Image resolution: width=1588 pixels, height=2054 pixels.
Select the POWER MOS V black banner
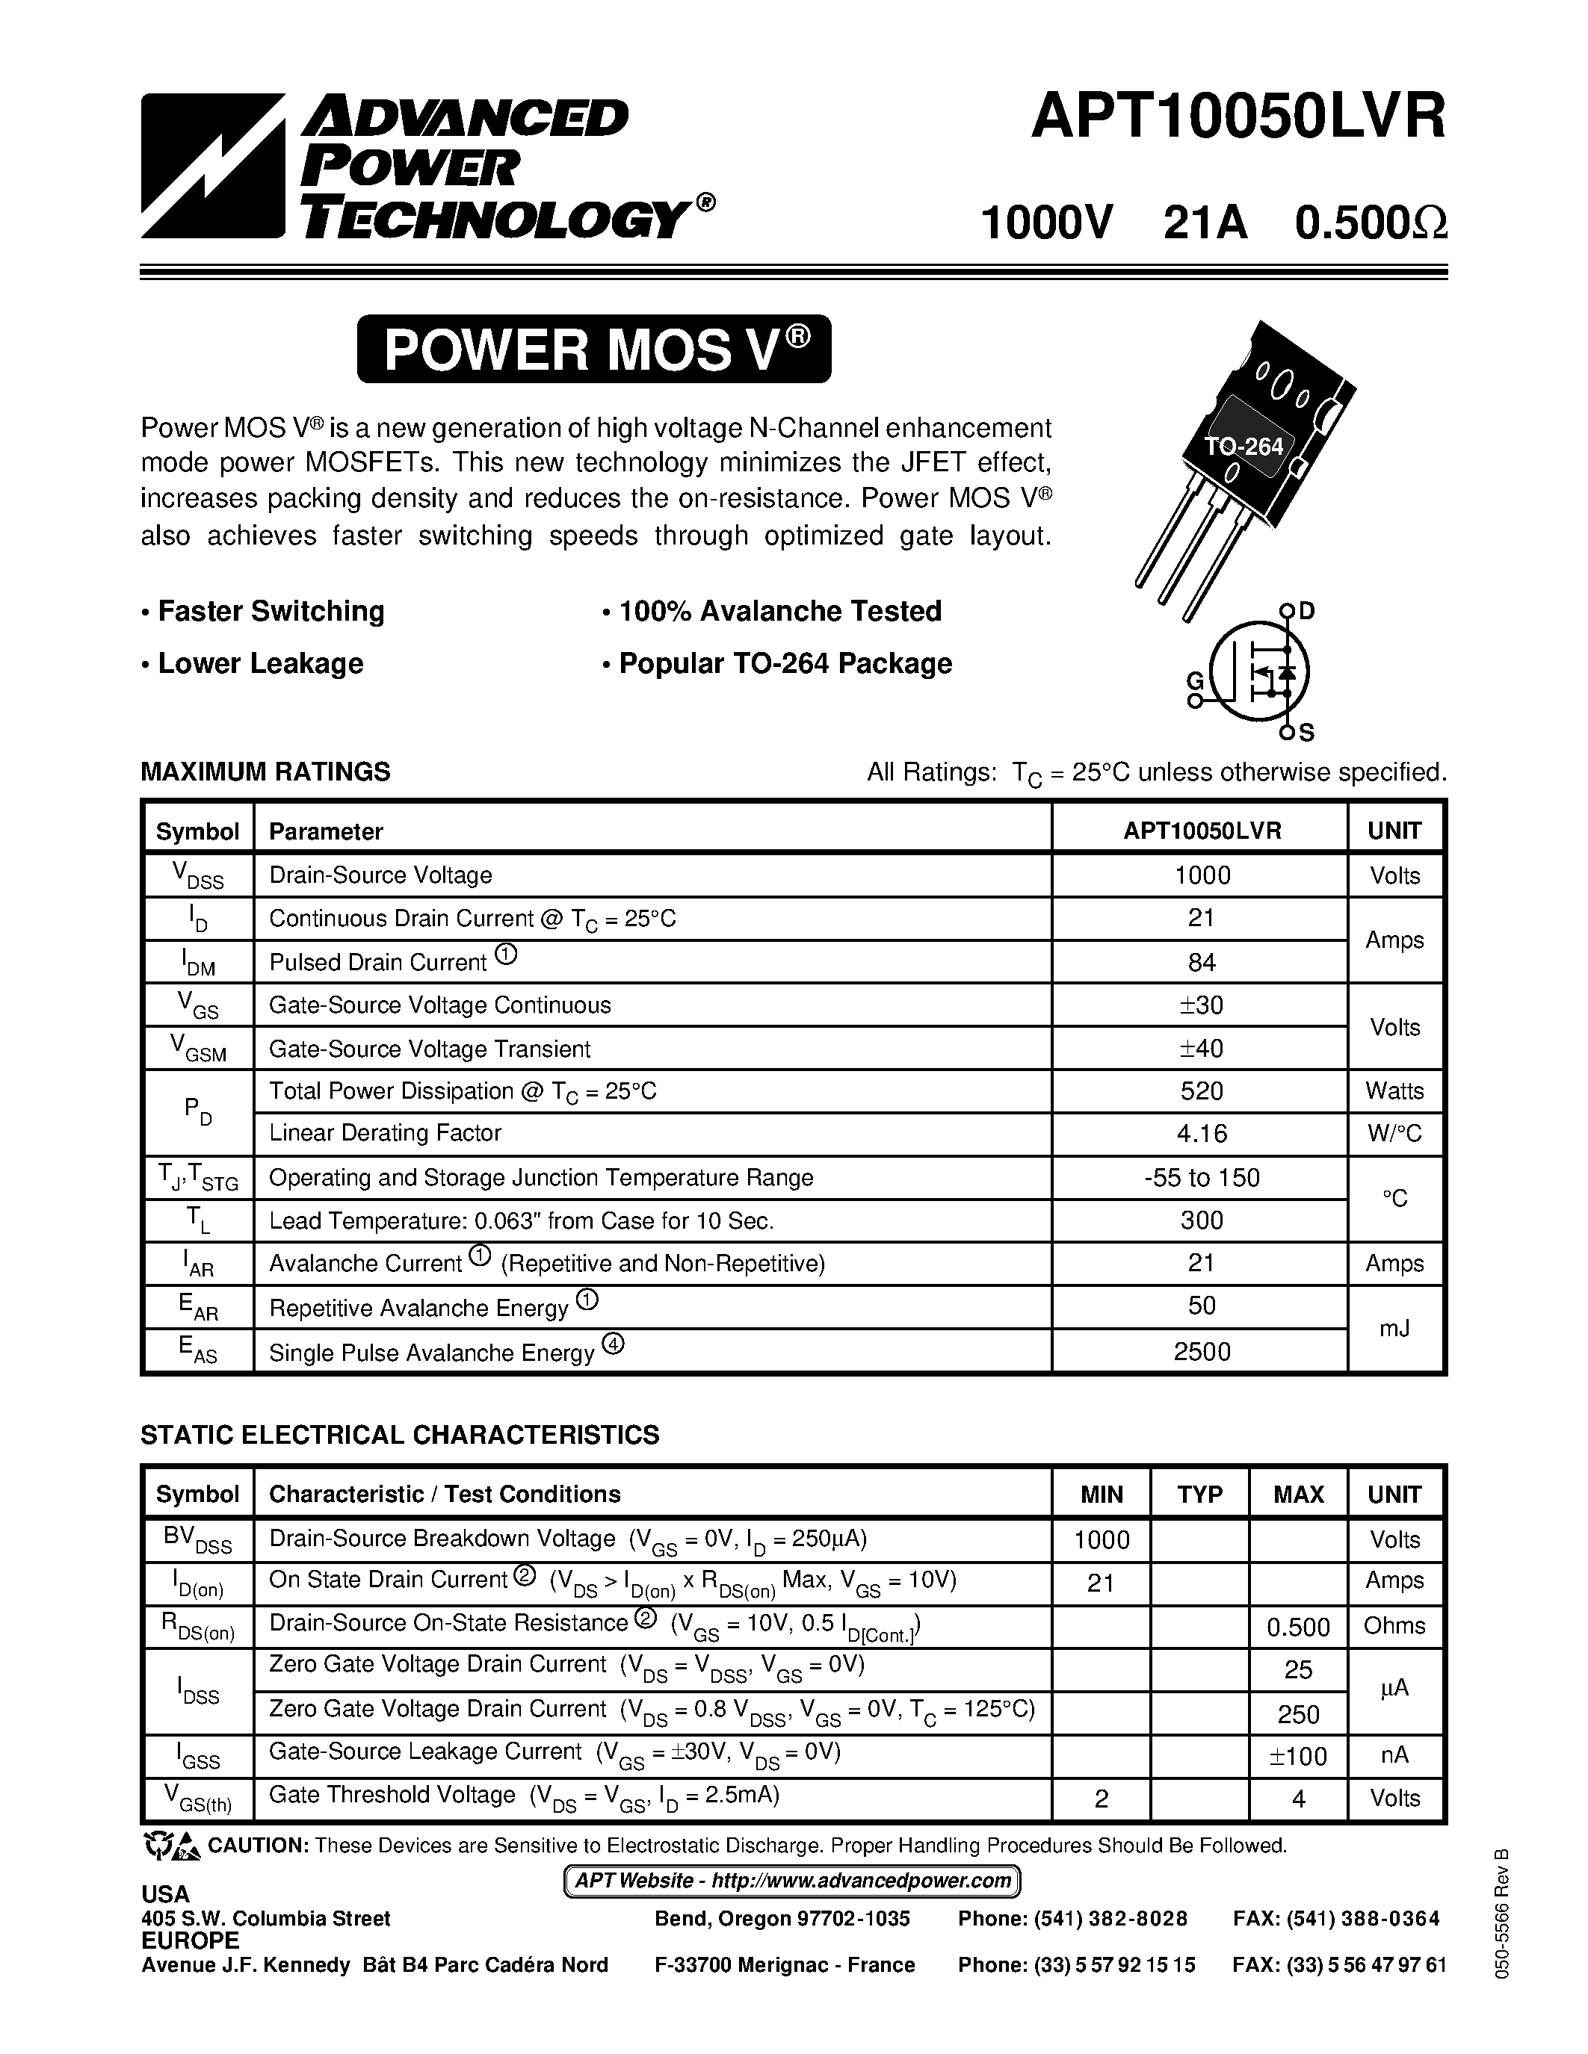593,349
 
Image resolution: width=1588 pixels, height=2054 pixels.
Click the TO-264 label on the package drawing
1245,447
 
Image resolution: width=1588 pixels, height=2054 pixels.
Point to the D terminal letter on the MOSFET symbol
1307,611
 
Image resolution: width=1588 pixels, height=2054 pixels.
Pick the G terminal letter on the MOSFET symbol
1195,681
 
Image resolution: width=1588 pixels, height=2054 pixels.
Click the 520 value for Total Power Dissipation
1202,1091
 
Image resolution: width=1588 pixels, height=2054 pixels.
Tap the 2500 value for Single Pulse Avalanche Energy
1202,1351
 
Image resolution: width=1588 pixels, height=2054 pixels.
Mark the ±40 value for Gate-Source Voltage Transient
1202,1048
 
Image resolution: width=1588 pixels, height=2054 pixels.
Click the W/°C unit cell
1394,1133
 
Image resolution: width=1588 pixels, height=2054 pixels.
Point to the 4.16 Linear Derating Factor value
1202,1133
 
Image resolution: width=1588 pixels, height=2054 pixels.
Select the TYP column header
1199,1495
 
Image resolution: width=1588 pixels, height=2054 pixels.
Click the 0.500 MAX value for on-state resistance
1298,1627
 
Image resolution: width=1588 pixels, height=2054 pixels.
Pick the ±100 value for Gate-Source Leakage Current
1298,1756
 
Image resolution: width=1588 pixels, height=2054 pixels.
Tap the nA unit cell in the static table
1394,1756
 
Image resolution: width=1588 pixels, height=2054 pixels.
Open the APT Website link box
792,1881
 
